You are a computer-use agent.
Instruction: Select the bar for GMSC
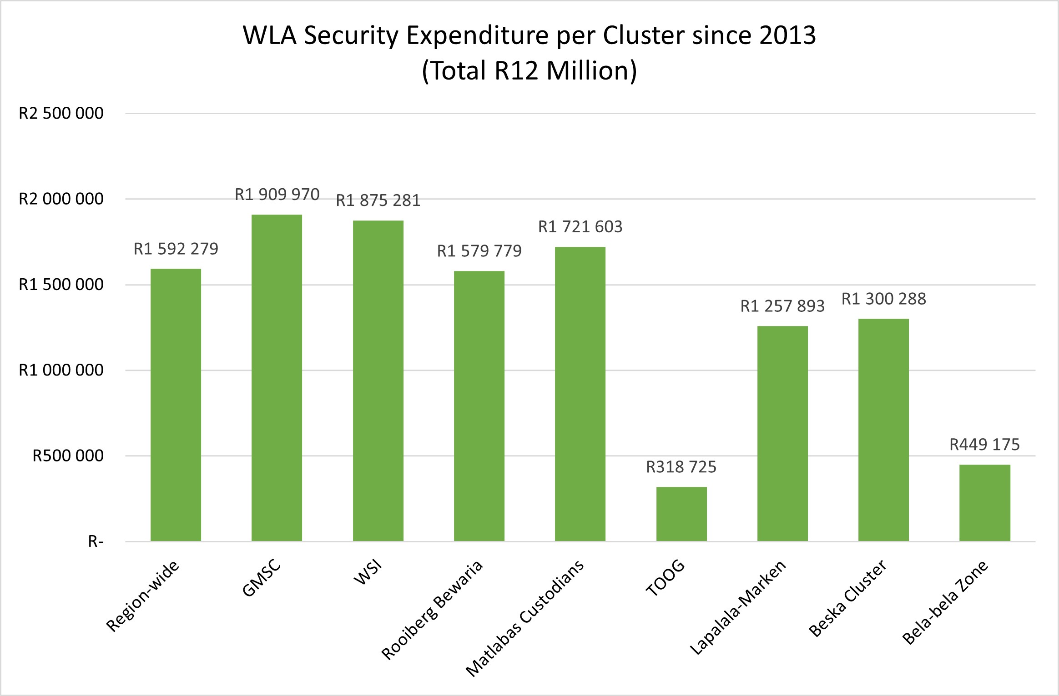coord(277,377)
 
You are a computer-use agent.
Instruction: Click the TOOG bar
coord(681,514)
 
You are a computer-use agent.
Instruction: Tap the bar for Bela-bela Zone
coord(984,502)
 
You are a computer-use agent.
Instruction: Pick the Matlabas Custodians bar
coord(580,394)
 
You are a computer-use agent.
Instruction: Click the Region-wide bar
coord(176,405)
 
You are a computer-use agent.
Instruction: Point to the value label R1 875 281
coord(378,200)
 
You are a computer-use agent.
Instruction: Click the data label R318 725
coord(681,467)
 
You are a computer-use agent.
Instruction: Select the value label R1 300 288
coord(883,299)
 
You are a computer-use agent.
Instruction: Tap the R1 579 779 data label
coord(479,251)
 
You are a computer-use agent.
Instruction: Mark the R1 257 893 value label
coord(782,306)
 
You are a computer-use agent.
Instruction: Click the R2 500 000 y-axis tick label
coord(61,113)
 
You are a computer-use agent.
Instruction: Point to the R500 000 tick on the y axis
coord(68,456)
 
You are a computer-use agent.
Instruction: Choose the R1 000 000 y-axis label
coord(61,370)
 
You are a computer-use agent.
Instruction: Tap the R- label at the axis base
coord(96,541)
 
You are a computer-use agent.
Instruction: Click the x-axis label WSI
coord(368,573)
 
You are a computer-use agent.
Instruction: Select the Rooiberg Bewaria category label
coord(432,610)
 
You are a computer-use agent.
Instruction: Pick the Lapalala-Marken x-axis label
coord(737,607)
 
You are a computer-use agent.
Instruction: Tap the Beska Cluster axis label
coord(847,598)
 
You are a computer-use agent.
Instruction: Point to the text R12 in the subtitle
coord(517,71)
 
